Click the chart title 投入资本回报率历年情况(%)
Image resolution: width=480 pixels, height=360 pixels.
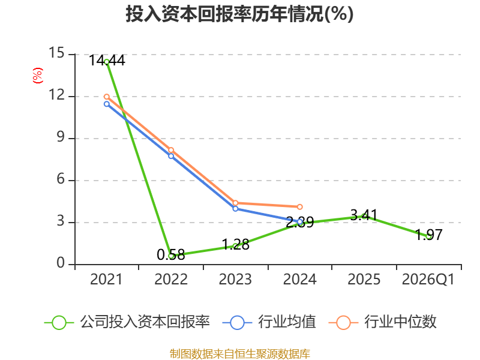pyautogui.click(x=239, y=14)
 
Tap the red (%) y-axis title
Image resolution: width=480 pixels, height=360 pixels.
pyautogui.click(x=38, y=76)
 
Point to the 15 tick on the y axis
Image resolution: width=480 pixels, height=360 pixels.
pyautogui.click(x=56, y=53)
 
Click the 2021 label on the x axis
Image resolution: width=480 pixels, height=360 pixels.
pyautogui.click(x=106, y=279)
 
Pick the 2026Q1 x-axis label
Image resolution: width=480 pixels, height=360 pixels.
pyautogui.click(x=428, y=279)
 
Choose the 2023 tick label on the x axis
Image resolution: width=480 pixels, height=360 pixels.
pyautogui.click(x=235, y=279)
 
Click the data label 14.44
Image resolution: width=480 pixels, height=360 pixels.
pyautogui.click(x=107, y=61)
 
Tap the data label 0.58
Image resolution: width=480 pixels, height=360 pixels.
pyautogui.click(x=171, y=254)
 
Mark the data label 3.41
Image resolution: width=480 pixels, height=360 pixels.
pyautogui.click(x=364, y=215)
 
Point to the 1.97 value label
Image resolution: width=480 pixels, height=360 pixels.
pyautogui.click(x=429, y=235)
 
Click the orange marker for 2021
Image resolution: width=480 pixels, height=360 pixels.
pyautogui.click(x=107, y=97)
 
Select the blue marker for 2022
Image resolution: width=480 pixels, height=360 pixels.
pyautogui.click(x=171, y=156)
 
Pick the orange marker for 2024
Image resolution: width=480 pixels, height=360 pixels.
pyautogui.click(x=299, y=207)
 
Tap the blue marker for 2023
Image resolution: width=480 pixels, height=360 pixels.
pyautogui.click(x=235, y=209)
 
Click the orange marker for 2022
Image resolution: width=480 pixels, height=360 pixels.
pyautogui.click(x=171, y=150)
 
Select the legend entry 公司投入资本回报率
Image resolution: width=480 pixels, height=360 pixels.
pyautogui.click(x=127, y=322)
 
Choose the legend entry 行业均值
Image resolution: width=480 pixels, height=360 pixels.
pyautogui.click(x=269, y=322)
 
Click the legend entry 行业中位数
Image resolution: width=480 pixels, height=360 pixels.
pyautogui.click(x=382, y=322)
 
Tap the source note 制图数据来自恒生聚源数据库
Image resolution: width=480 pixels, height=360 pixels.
pyautogui.click(x=240, y=354)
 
